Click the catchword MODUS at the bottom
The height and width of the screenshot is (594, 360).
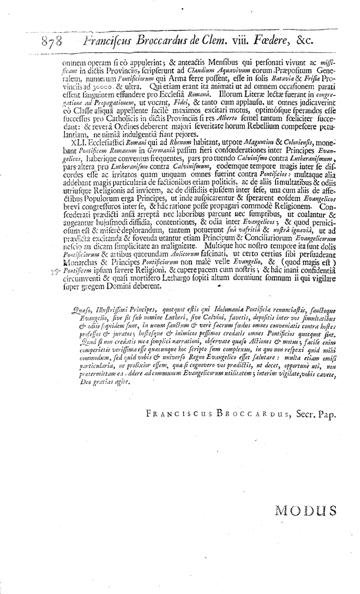click(305, 511)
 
